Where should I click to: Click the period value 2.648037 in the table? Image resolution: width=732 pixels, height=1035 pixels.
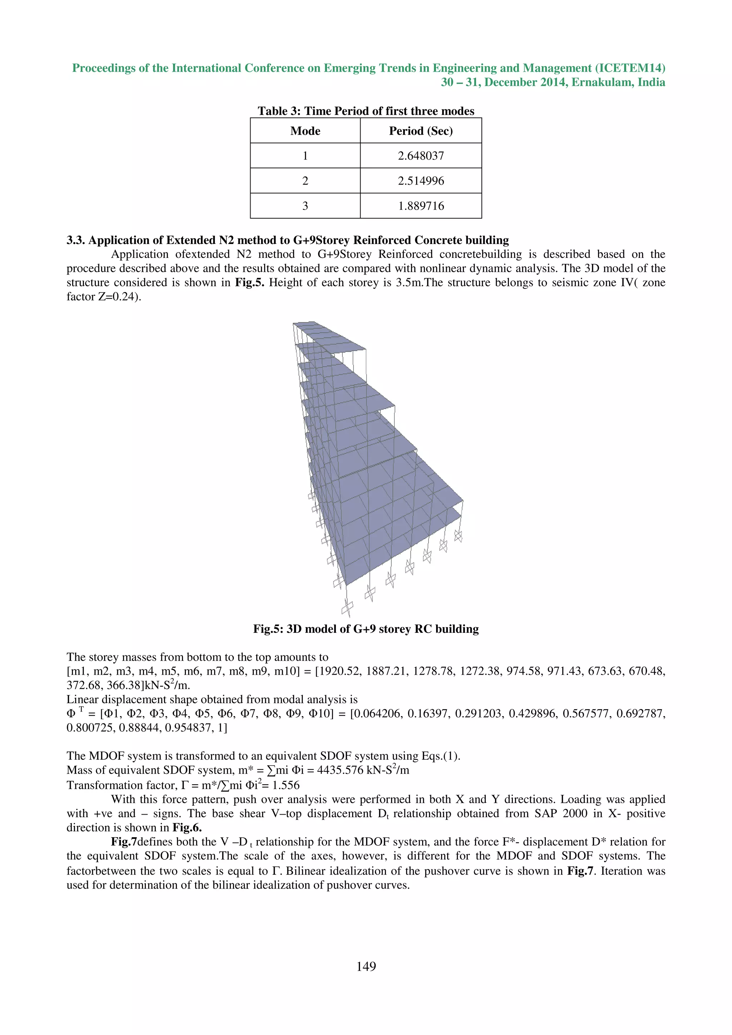(x=420, y=156)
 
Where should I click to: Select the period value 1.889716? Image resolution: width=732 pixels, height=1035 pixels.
(x=420, y=206)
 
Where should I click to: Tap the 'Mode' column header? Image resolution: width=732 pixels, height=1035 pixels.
(x=305, y=131)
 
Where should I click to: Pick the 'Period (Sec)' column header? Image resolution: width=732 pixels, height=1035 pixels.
(x=420, y=131)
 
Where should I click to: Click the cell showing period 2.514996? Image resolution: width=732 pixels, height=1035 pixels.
(x=420, y=181)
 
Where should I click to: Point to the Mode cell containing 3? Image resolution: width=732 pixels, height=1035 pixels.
(x=305, y=206)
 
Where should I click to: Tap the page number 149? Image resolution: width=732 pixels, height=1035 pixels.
(x=366, y=966)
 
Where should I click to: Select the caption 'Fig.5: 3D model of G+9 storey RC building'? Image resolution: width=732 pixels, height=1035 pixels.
(x=366, y=629)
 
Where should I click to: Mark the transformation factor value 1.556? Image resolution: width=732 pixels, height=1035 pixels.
(x=286, y=785)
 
